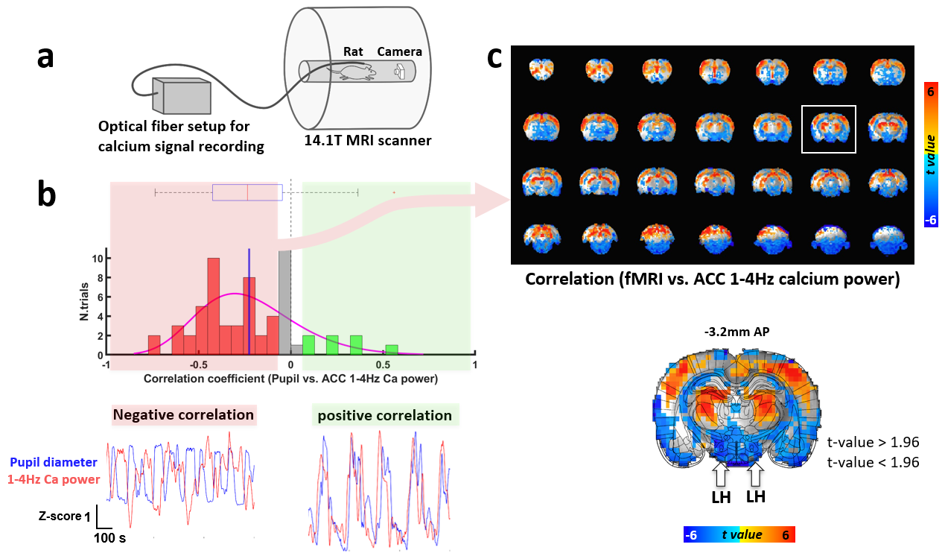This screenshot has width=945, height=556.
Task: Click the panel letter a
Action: click(x=46, y=57)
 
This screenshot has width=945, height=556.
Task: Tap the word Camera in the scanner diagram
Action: click(x=399, y=51)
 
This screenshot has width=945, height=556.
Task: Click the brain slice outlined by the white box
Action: click(x=828, y=129)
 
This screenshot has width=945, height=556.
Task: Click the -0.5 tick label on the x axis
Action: click(x=197, y=365)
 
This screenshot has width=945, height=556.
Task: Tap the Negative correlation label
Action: click(x=183, y=415)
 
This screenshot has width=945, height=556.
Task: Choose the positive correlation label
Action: click(x=384, y=415)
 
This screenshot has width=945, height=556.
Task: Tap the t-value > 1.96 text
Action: click(x=873, y=442)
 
